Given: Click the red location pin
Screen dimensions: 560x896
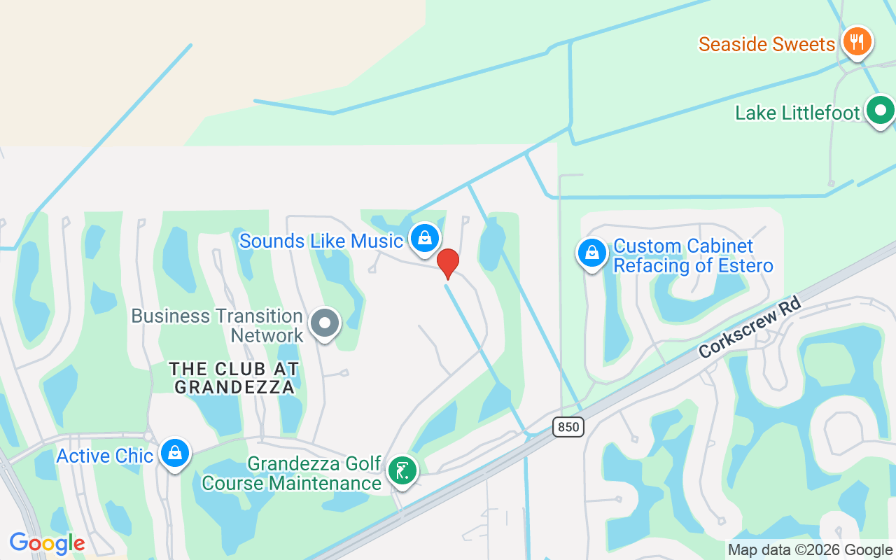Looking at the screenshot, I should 448,263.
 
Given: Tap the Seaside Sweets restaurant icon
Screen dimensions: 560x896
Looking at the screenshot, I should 856,41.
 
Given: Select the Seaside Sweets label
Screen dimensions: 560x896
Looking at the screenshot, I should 766,44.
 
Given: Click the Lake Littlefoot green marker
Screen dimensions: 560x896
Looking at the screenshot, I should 880,111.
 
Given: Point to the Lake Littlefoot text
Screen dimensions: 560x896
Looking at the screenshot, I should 797,113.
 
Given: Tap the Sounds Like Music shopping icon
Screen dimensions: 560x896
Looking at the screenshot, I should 424,239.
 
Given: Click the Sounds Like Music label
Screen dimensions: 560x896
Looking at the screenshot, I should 321,241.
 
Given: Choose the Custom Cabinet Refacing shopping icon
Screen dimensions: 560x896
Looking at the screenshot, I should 591,253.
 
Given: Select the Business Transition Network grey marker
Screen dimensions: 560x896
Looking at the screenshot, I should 325,323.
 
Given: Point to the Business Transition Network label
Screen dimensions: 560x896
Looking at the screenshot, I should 217,325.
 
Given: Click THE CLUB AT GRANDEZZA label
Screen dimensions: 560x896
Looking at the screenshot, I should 234,377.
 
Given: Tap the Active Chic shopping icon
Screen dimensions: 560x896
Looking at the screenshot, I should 174,454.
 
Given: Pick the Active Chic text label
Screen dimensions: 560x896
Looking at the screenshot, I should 104,456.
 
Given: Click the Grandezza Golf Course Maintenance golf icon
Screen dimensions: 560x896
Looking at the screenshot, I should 402,470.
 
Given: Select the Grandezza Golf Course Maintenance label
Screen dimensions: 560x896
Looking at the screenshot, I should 292,473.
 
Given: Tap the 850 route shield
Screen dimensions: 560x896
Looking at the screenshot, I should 568,426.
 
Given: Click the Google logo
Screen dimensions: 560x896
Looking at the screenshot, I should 47,542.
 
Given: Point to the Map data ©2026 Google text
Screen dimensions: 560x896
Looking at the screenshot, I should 810,550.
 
